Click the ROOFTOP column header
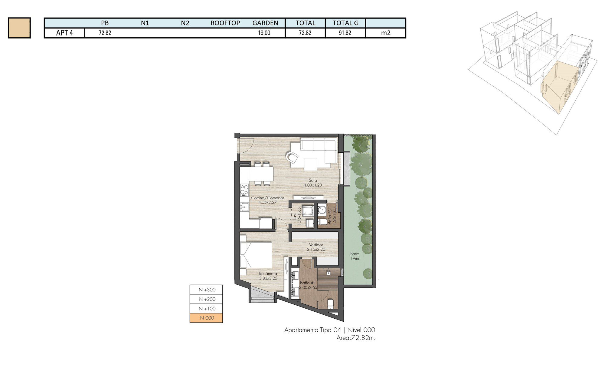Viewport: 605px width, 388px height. (x=225, y=23)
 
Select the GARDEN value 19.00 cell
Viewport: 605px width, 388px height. (x=264, y=33)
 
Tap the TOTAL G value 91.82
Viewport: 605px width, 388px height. (x=345, y=33)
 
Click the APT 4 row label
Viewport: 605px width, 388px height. (x=64, y=33)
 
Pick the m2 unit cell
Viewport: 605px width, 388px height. (x=386, y=33)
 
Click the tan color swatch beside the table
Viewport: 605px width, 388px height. (x=19, y=28)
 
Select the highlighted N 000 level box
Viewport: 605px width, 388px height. (x=206, y=318)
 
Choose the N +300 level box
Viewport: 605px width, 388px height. (x=206, y=290)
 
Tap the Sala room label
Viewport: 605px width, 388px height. (x=313, y=181)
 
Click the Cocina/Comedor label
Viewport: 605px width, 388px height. (x=267, y=198)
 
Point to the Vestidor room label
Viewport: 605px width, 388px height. (x=316, y=245)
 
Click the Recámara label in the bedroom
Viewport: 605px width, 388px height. (x=268, y=274)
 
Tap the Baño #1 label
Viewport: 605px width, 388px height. (x=308, y=283)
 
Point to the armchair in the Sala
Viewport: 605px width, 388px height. (x=292, y=158)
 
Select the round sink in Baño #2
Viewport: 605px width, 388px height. (x=322, y=210)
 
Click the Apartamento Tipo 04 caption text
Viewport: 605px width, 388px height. (x=312, y=330)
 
